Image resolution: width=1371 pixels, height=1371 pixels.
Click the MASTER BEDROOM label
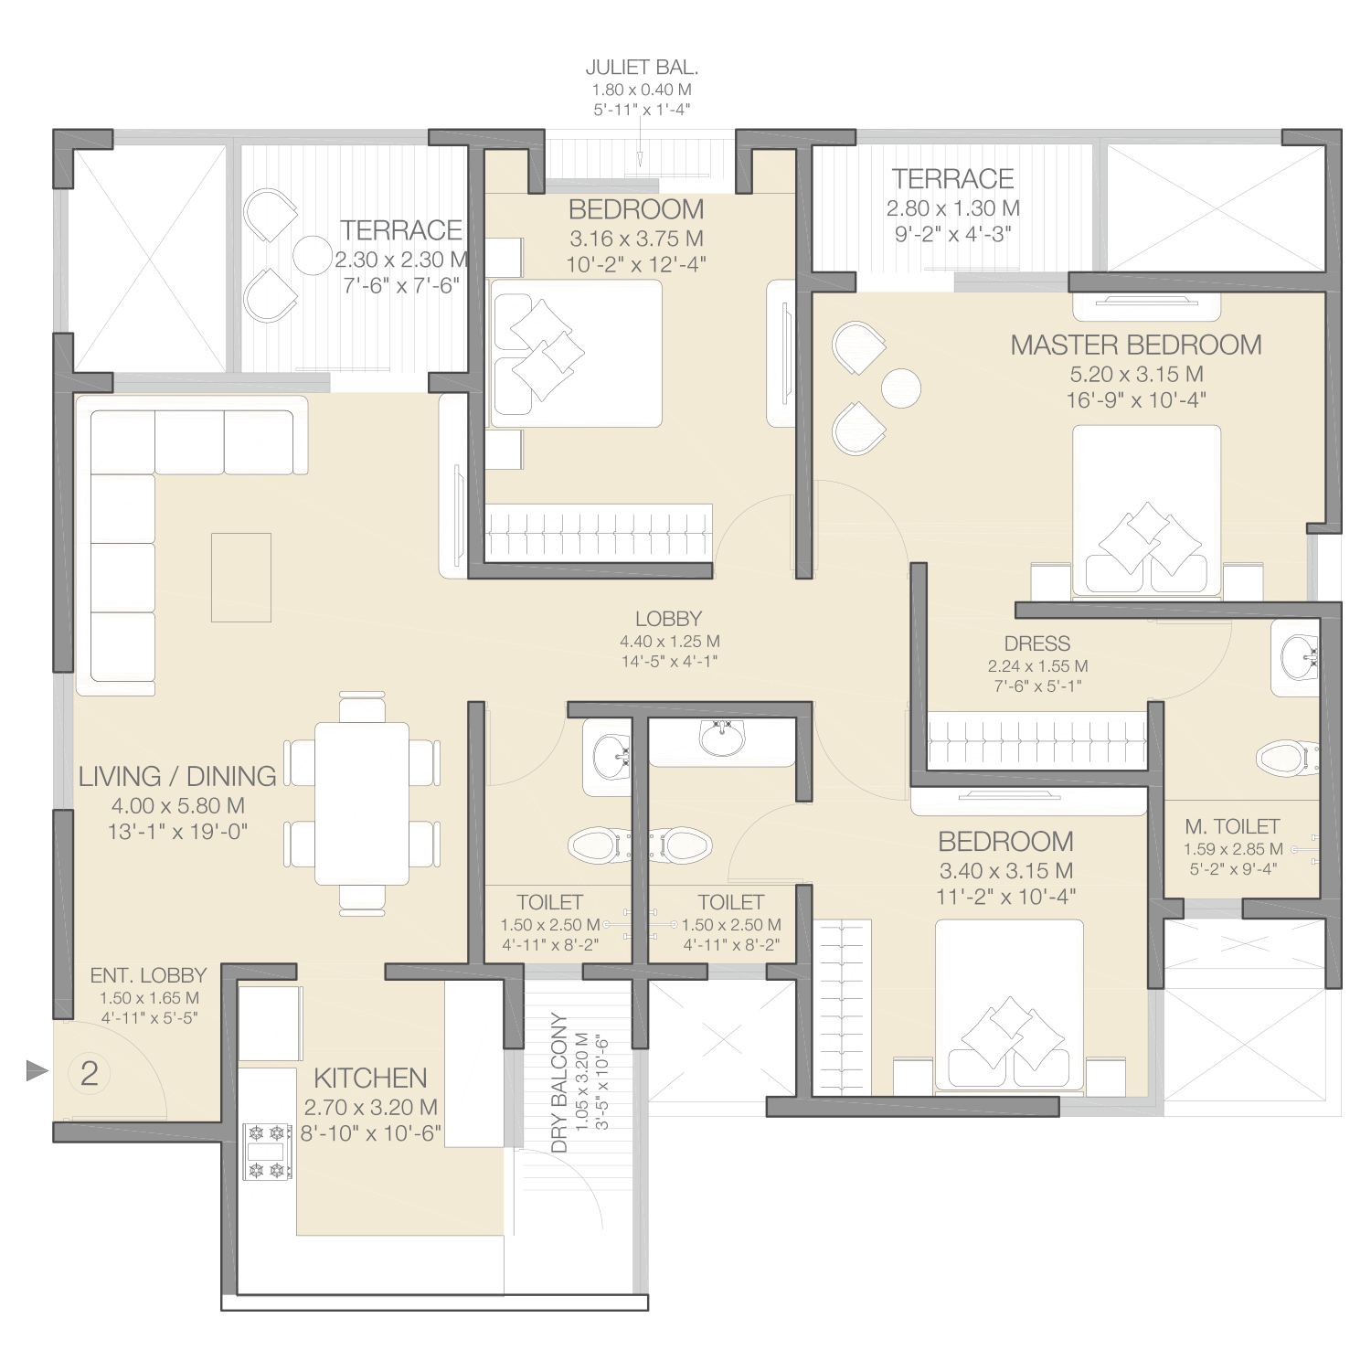tap(1136, 345)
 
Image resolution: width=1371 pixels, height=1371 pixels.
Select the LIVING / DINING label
tap(177, 776)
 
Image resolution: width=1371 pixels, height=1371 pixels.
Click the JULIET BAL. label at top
tap(642, 68)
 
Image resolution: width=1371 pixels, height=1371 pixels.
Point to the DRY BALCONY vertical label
tap(559, 1082)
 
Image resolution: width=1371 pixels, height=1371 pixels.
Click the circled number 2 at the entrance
tap(90, 1073)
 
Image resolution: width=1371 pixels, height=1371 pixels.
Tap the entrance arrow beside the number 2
tap(37, 1070)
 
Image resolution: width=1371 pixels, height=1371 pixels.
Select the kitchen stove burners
tap(268, 1152)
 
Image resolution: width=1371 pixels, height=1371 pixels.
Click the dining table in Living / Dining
tap(362, 803)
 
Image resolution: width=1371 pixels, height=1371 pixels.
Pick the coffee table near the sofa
tap(241, 578)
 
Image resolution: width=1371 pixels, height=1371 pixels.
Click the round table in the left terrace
tap(312, 255)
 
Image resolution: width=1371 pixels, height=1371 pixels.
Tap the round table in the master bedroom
tap(901, 388)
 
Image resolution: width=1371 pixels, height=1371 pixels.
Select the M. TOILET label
tap(1232, 826)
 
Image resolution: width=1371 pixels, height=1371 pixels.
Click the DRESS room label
tap(1037, 643)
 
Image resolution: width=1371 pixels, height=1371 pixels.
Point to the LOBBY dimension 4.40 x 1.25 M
tap(670, 642)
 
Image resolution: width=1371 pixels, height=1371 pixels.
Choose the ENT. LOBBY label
tap(148, 975)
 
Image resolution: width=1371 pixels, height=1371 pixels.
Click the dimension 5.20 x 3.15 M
tap(1136, 374)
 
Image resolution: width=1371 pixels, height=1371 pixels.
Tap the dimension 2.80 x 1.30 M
tap(953, 208)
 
